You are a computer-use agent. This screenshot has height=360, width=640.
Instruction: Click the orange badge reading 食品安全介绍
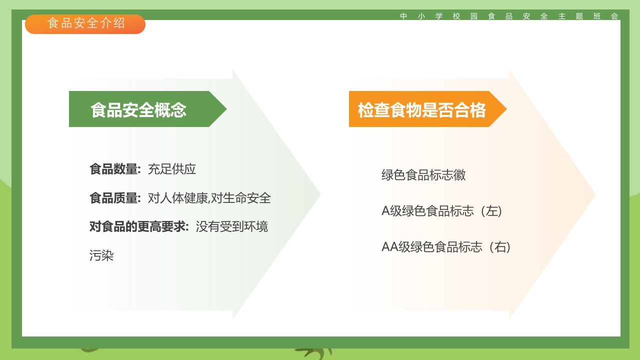pos(85,24)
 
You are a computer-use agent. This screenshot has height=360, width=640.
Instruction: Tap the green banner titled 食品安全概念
pos(147,109)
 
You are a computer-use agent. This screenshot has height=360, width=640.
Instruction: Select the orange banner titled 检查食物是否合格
pos(427,109)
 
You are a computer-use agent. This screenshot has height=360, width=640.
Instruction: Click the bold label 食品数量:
pos(115,169)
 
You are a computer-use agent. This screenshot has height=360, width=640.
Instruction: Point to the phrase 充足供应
pos(171,169)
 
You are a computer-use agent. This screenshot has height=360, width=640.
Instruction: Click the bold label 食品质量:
pos(115,198)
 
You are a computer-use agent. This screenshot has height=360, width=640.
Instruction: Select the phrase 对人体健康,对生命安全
pos(209,198)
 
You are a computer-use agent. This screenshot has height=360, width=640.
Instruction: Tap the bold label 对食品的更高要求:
pos(139,227)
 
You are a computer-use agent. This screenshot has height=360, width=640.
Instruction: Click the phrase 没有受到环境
pos(231,227)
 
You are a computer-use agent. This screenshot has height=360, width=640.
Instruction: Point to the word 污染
pos(101,255)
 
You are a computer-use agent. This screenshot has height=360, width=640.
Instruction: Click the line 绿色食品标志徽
pos(423,175)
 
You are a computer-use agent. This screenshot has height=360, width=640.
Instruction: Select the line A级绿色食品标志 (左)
pos(441,211)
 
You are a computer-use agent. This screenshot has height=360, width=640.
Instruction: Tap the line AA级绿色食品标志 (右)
pos(446,247)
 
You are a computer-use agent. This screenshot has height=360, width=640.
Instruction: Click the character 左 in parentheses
pos(491,211)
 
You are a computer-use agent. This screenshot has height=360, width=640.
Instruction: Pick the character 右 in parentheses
pos(500,247)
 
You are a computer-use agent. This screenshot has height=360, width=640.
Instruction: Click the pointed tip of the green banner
pos(226,109)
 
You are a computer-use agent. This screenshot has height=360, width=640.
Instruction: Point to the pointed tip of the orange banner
pos(506,109)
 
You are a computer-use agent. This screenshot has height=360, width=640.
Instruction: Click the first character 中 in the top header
pos(403,16)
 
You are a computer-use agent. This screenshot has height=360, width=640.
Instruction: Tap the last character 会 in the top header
pos(614,16)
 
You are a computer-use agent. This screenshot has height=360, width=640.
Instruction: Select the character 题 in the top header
pos(579,16)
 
